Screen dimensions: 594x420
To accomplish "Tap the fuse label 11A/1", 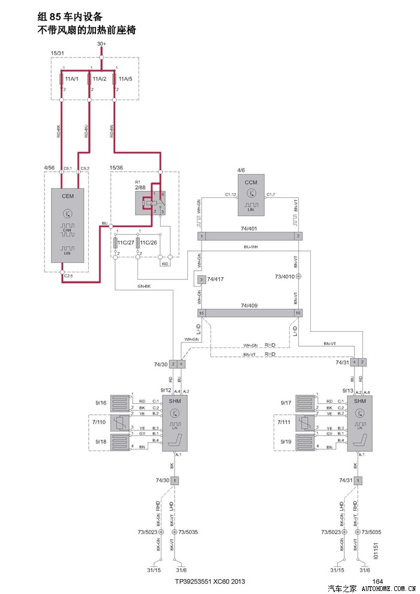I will click(x=72, y=79).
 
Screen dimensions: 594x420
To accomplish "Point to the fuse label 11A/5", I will click(x=125, y=79).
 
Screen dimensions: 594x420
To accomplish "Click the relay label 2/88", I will click(x=140, y=188).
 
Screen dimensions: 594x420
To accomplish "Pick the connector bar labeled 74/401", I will click(x=250, y=236).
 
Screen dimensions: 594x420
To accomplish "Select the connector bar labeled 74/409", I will click(x=250, y=313).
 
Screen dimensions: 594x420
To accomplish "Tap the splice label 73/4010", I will click(x=284, y=277).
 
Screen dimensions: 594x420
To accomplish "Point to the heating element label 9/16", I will click(x=102, y=403).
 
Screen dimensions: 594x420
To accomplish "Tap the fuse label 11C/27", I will click(x=124, y=243).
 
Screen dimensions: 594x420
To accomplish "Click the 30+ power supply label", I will click(x=101, y=44).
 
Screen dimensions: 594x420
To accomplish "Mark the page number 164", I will click(x=377, y=581).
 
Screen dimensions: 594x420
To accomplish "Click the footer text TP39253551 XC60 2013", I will click(x=210, y=581).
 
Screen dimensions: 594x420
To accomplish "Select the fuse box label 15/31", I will click(x=58, y=53).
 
